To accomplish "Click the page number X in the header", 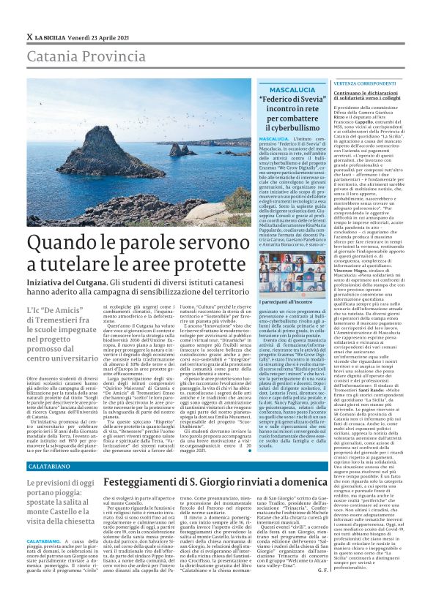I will pyautogui.click(x=29, y=36).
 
